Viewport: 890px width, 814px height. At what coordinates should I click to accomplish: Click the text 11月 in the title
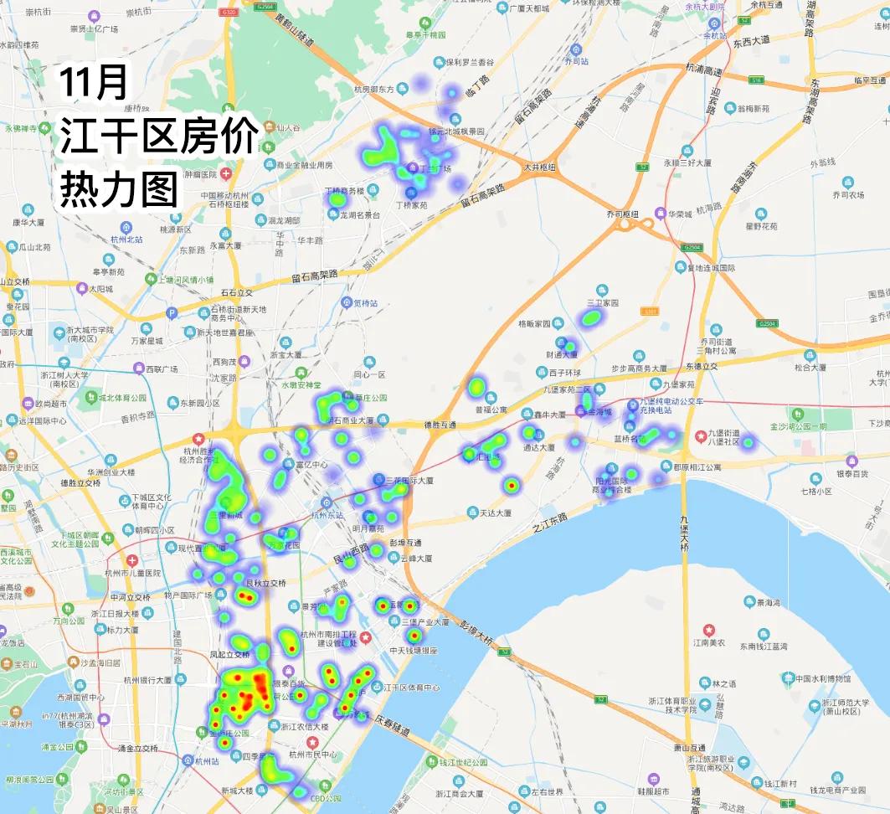pyautogui.click(x=93, y=83)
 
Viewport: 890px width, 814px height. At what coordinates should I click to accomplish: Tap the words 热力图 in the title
pyautogui.click(x=118, y=190)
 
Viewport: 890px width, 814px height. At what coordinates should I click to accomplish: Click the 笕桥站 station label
pyautogui.click(x=366, y=302)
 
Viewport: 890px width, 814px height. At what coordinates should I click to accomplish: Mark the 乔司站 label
pyautogui.click(x=576, y=61)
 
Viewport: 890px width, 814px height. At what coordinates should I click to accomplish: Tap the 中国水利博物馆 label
pyautogui.click(x=822, y=678)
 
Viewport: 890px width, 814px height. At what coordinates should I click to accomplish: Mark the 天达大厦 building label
pyautogui.click(x=494, y=513)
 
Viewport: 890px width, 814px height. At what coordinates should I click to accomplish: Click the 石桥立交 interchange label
pyautogui.click(x=237, y=292)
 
